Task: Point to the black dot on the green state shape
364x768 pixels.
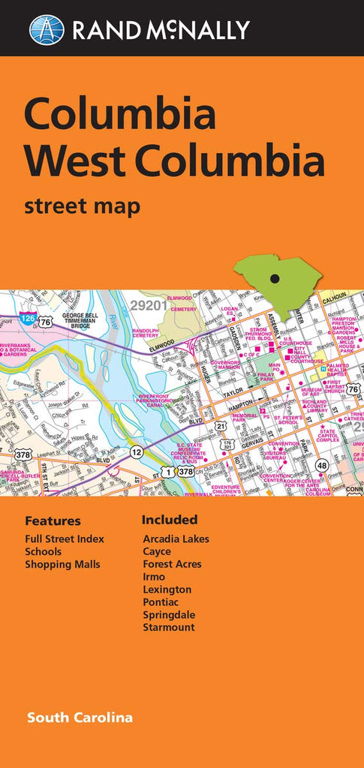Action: tap(274, 279)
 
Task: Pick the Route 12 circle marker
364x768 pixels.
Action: tap(136, 451)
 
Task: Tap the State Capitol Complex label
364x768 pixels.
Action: tap(327, 436)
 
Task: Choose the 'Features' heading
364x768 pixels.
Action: tap(53, 520)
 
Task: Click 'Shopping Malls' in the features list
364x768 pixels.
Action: tap(62, 564)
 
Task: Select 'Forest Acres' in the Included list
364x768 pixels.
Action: tap(172, 564)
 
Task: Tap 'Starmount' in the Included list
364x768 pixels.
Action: tap(168, 627)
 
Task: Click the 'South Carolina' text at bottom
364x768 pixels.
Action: tap(80, 718)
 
